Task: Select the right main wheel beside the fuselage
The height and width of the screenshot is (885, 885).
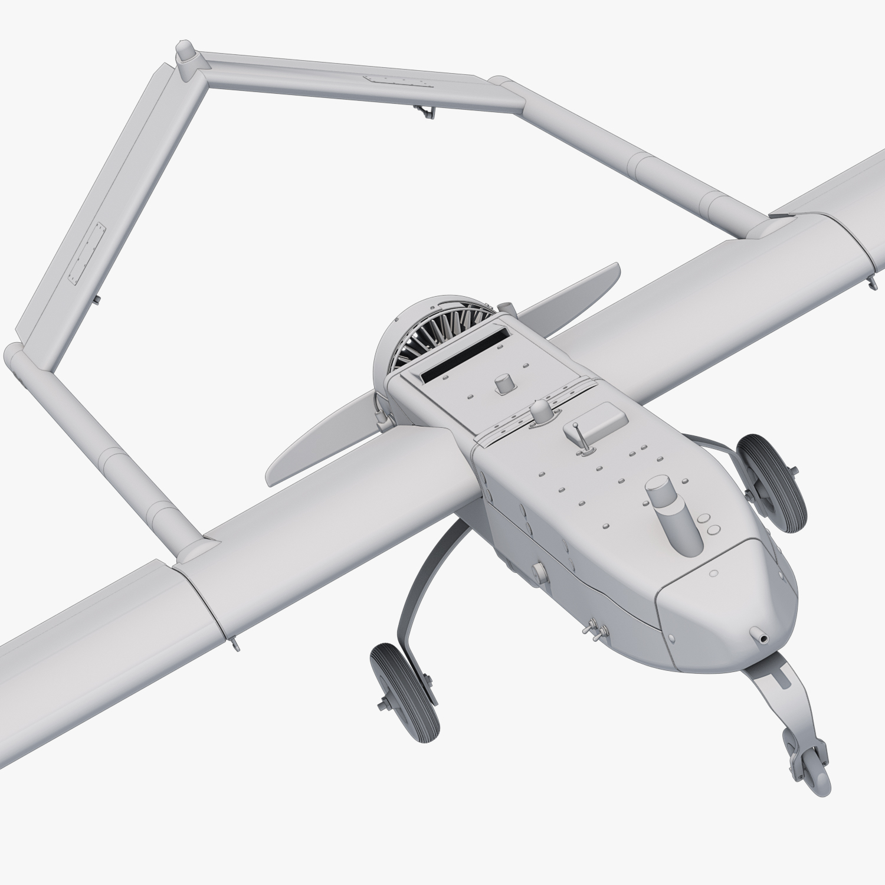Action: click(773, 480)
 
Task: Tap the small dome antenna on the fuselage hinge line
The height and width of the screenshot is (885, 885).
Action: click(540, 410)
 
